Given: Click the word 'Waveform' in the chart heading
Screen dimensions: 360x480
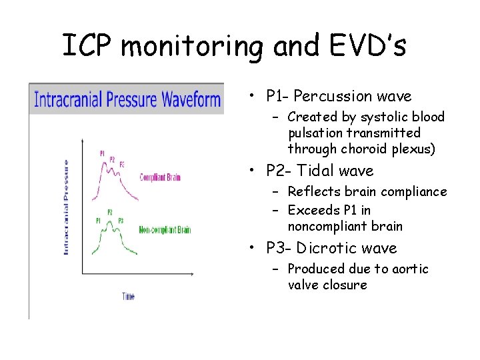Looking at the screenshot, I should point(187,100).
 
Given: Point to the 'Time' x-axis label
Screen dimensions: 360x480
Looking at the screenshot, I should point(128,295).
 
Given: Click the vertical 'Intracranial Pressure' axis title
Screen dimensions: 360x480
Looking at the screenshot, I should point(66,206).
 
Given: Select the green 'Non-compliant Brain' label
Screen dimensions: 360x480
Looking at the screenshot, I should point(164,230).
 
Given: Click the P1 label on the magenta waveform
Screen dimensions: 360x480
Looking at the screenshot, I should point(102,152).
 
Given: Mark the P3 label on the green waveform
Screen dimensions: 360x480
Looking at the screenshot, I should point(121,221).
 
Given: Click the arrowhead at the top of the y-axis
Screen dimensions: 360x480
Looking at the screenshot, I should point(82,141).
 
